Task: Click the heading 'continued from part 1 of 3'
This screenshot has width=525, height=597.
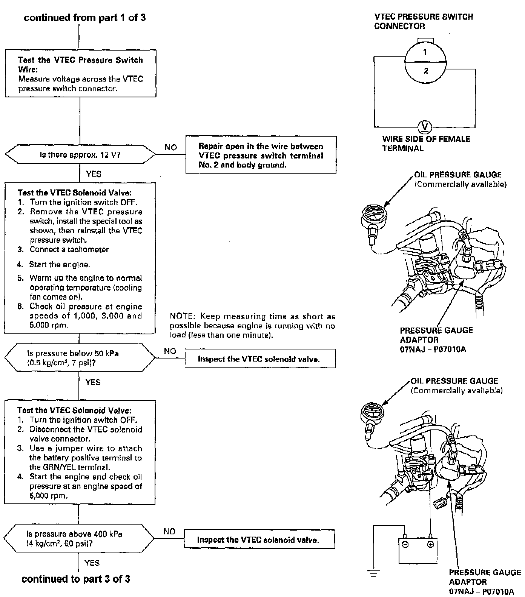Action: pyautogui.click(x=84, y=18)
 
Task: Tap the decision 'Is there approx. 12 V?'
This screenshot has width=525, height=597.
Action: pyautogui.click(x=80, y=155)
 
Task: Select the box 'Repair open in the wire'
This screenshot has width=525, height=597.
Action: pyautogui.click(x=261, y=155)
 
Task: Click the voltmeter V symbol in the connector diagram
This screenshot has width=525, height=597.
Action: pyautogui.click(x=425, y=126)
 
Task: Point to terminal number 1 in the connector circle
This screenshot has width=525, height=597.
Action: pyautogui.click(x=425, y=52)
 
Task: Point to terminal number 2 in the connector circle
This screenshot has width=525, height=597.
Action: pyautogui.click(x=426, y=71)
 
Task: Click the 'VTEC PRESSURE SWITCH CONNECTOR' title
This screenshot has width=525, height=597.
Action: pyautogui.click(x=423, y=21)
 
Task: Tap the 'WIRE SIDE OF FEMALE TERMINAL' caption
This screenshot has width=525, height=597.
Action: pyautogui.click(x=426, y=143)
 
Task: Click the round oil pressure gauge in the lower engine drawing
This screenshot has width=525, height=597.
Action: pyautogui.click(x=372, y=412)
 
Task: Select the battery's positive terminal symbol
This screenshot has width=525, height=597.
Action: pyautogui.click(x=430, y=545)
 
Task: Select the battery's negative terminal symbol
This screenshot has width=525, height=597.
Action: pyautogui.click(x=405, y=545)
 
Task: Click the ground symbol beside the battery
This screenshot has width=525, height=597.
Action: pyautogui.click(x=373, y=573)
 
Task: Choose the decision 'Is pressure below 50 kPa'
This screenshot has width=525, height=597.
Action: pyautogui.click(x=80, y=358)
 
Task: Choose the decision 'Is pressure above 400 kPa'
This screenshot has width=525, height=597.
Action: pyautogui.click(x=79, y=539)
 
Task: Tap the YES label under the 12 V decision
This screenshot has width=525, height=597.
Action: pyautogui.click(x=94, y=174)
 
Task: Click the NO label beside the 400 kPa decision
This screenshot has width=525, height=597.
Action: pyautogui.click(x=169, y=531)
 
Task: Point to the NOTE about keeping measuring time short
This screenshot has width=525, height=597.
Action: pyautogui.click(x=252, y=325)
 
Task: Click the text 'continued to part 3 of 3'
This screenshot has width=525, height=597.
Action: pyautogui.click(x=76, y=579)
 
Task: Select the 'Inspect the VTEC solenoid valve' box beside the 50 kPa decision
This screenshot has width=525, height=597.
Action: pyautogui.click(x=260, y=359)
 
